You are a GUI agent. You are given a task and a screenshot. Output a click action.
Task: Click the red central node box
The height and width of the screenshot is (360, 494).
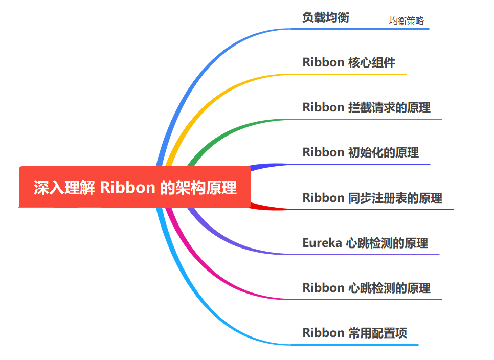[135, 187]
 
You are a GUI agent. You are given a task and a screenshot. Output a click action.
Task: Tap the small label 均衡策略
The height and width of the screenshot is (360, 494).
[407, 21]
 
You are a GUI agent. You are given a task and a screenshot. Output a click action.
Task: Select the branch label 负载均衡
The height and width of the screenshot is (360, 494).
[326, 17]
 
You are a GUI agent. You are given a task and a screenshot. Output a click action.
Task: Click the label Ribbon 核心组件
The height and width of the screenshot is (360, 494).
[349, 62]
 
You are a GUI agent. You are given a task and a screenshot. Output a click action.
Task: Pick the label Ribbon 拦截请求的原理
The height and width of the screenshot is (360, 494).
[366, 107]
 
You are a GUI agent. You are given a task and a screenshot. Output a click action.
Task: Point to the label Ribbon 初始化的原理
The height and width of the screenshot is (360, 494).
[361, 152]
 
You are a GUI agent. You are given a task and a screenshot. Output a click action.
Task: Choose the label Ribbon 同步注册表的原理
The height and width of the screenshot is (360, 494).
[372, 198]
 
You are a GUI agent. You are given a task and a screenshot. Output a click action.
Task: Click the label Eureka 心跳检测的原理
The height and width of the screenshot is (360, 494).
[365, 243]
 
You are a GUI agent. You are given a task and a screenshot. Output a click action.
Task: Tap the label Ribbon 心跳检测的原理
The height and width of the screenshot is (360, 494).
[366, 288]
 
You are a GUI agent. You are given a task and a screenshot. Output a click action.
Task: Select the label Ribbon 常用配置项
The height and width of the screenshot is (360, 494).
[355, 333]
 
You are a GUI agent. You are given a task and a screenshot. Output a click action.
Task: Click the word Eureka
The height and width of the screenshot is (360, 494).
[322, 243]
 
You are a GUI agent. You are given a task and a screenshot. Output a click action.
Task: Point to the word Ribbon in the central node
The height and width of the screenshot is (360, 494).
[127, 188]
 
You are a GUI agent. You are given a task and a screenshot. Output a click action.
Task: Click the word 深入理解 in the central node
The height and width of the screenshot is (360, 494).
[64, 188]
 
